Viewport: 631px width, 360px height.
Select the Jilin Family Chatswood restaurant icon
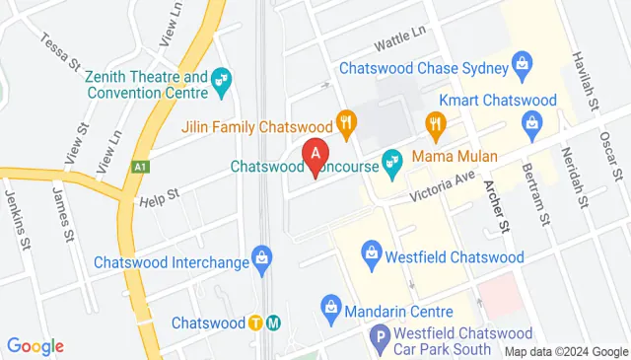click(344, 123)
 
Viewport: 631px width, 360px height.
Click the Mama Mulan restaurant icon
click(436, 123)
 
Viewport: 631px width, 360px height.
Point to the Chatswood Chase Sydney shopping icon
click(523, 68)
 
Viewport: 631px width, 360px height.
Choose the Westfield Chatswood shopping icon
click(372, 254)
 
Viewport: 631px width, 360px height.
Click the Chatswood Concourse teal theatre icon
click(391, 163)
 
